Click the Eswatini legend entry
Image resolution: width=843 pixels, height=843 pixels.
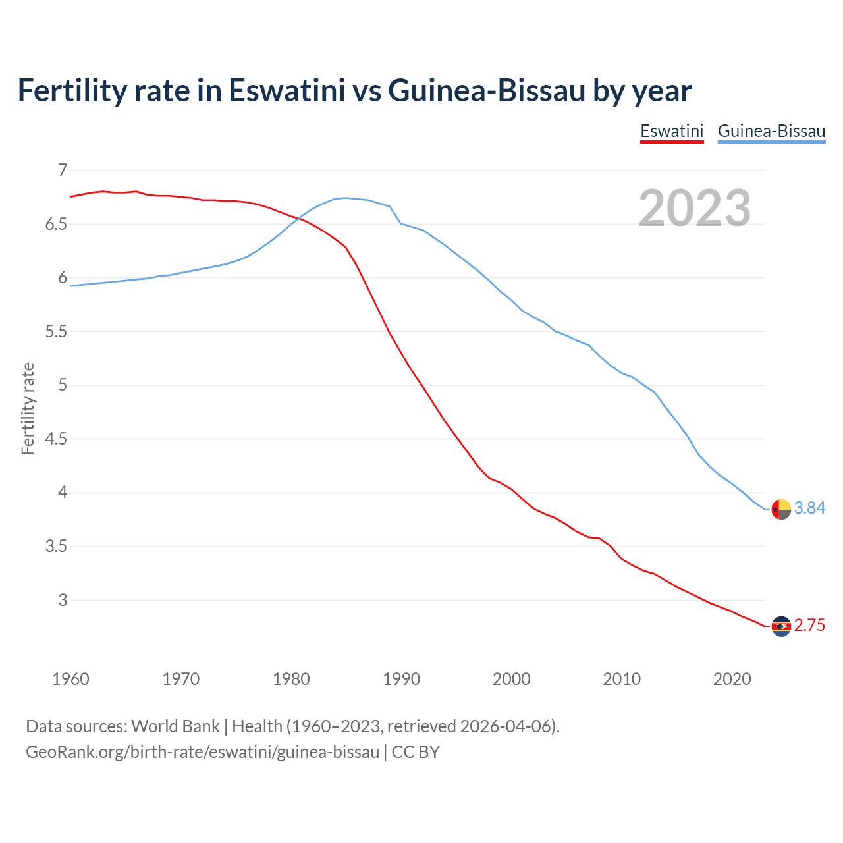click(672, 131)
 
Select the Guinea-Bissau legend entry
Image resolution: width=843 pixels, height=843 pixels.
click(771, 131)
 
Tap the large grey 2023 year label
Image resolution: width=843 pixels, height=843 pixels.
click(695, 208)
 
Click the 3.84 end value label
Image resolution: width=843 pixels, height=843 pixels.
click(809, 508)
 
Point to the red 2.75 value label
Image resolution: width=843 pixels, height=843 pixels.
click(809, 625)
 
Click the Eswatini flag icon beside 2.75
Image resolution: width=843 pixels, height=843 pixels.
click(781, 626)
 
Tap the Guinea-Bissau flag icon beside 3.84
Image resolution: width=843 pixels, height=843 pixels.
click(781, 509)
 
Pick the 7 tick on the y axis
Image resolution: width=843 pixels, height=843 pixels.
click(63, 171)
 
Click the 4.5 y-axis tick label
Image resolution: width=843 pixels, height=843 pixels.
click(56, 439)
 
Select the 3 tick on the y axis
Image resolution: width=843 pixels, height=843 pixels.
click(63, 600)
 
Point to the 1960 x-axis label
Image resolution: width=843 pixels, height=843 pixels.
click(70, 679)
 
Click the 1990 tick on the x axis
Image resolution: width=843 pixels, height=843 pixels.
click(401, 679)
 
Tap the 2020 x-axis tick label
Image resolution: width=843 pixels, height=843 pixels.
click(732, 679)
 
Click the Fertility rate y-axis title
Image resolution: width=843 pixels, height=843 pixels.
click(28, 408)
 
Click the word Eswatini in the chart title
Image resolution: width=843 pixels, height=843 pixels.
click(286, 90)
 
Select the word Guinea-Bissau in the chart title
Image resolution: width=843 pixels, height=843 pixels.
click(487, 90)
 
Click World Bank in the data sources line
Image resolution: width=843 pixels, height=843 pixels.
click(175, 726)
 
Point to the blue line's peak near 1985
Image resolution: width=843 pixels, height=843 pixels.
click(346, 198)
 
